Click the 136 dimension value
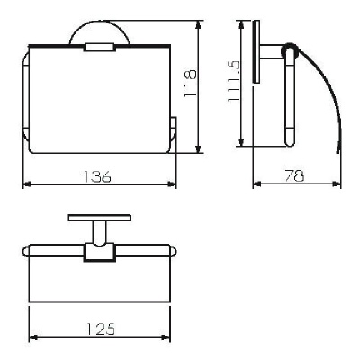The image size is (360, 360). [97, 176]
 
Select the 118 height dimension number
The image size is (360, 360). [190, 83]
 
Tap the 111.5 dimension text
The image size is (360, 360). [233, 81]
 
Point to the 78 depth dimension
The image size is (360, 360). [294, 175]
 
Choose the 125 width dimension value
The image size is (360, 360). [101, 329]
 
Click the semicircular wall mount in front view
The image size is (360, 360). [100, 24]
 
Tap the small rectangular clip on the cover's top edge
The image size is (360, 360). [100, 48]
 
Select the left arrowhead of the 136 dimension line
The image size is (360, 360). [27, 184]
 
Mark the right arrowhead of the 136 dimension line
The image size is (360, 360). [172, 184]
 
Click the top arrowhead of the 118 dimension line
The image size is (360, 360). [198, 24]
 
